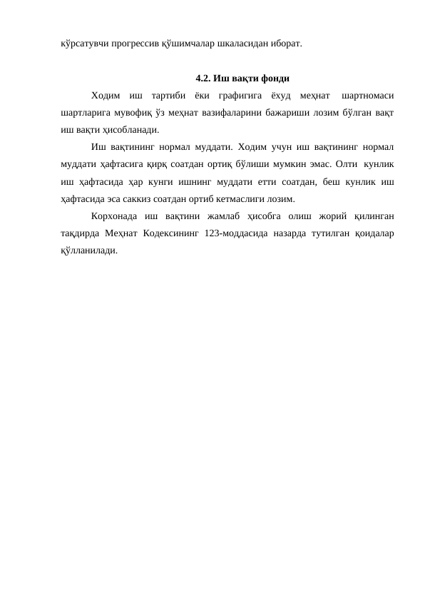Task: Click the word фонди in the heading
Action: tap(273, 79)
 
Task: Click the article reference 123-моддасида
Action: tap(239, 233)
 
